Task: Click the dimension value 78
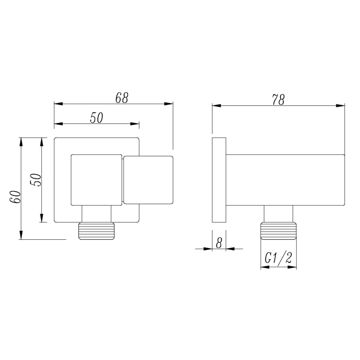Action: tap(278, 100)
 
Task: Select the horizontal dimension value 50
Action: tap(97, 118)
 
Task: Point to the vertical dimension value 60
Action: tap(15, 197)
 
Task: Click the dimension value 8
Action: tap(219, 243)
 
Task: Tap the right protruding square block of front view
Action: tap(148, 180)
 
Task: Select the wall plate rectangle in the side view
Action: tap(219, 180)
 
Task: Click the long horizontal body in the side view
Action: tap(286, 179)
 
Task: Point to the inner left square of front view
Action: tap(97, 180)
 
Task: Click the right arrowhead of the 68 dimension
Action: tap(170, 103)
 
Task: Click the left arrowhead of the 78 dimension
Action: tap(215, 106)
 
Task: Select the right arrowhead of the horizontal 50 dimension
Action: tap(136, 124)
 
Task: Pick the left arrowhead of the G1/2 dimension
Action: tap(263, 267)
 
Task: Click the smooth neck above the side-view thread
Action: tap(278, 214)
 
